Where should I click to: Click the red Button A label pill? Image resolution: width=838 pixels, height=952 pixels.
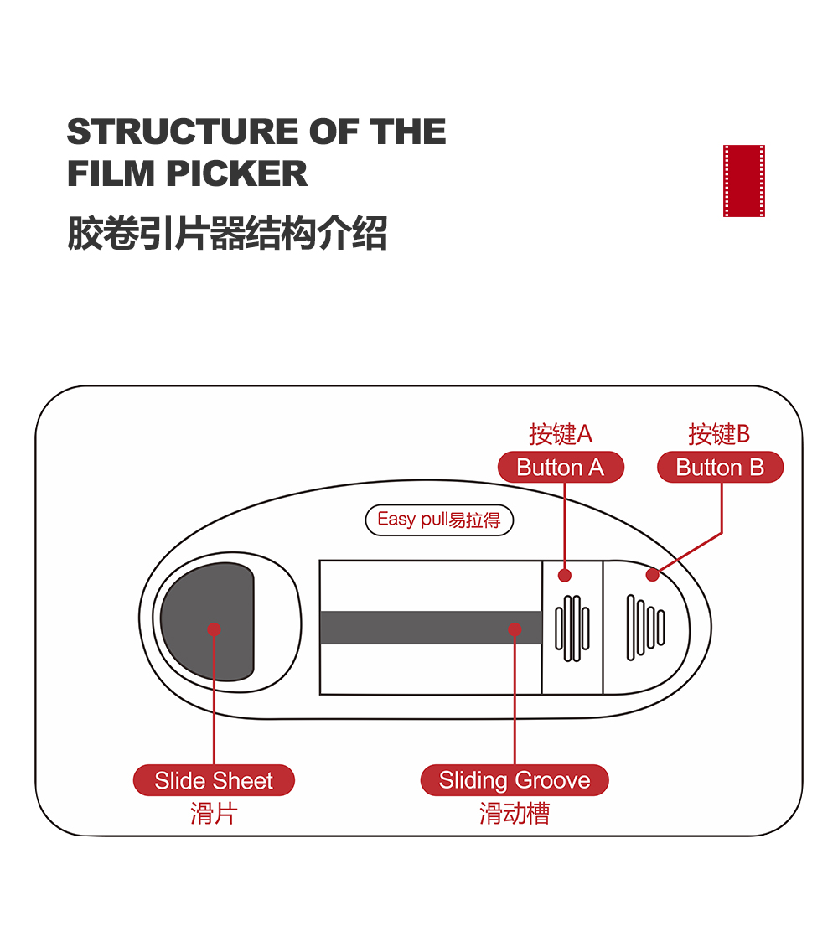[561, 468]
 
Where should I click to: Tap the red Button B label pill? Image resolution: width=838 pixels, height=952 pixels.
[720, 468]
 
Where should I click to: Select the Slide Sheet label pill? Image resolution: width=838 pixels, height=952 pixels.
[214, 781]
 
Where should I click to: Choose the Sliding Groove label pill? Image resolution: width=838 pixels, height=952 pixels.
[515, 781]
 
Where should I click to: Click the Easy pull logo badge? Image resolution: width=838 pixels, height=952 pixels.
[439, 520]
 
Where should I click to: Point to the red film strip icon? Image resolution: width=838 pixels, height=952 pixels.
[744, 181]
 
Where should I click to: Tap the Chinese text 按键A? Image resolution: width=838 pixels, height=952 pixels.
[561, 434]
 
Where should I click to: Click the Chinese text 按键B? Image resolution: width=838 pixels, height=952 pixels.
[719, 434]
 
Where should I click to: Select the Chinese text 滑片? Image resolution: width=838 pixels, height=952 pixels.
[214, 813]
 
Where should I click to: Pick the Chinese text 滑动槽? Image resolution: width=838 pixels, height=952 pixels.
[515, 813]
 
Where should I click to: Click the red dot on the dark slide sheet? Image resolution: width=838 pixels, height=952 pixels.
[214, 629]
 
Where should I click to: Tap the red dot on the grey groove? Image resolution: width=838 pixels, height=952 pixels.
[515, 629]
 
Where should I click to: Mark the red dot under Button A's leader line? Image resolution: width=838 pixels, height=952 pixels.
[565, 575]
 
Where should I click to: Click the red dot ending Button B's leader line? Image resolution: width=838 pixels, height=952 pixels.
[652, 575]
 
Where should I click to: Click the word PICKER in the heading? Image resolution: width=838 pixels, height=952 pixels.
[236, 173]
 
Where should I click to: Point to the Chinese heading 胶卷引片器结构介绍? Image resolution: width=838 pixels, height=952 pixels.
[227, 234]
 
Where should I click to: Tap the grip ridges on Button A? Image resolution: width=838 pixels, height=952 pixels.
[572, 629]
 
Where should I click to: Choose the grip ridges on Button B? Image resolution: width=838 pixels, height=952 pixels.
[645, 627]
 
